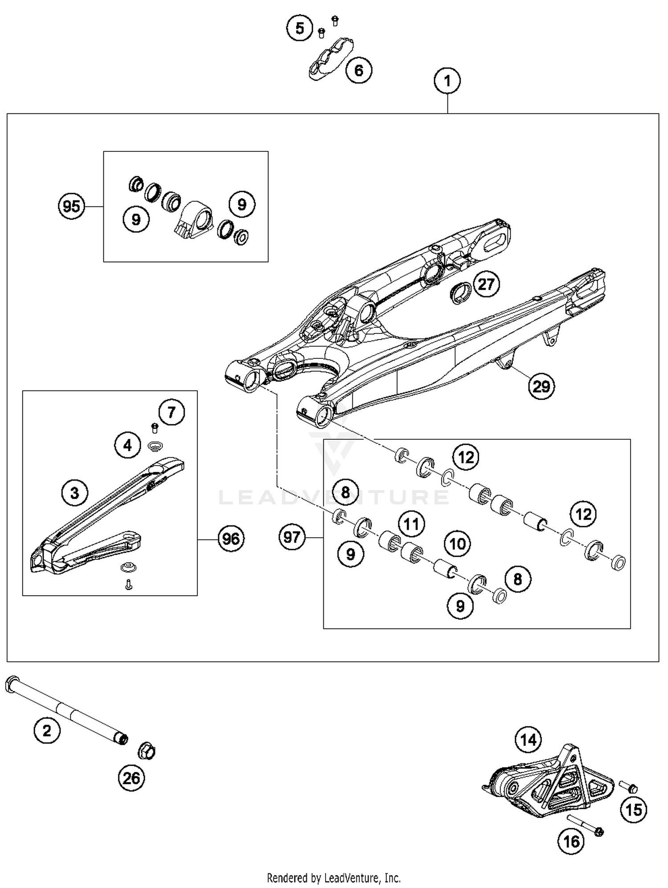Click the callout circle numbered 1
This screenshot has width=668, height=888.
coord(447,81)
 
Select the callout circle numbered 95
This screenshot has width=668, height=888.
coord(72,207)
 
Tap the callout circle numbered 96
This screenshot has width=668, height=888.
coord(231,539)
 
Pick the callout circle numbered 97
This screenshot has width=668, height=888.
coord(292,537)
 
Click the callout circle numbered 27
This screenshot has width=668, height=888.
coord(486,284)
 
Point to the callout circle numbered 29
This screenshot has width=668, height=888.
coord(541,386)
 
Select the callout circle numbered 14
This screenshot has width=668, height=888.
coord(528,740)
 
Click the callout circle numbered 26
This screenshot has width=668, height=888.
coord(131,778)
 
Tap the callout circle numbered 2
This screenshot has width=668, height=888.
coord(47,730)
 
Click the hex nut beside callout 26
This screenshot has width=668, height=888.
coord(147,751)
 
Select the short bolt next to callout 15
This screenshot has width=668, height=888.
coord(628,787)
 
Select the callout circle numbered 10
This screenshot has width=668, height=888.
coord(457,543)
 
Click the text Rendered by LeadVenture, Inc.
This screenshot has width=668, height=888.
coord(334,878)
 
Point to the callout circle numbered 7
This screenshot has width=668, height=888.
coord(171,412)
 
